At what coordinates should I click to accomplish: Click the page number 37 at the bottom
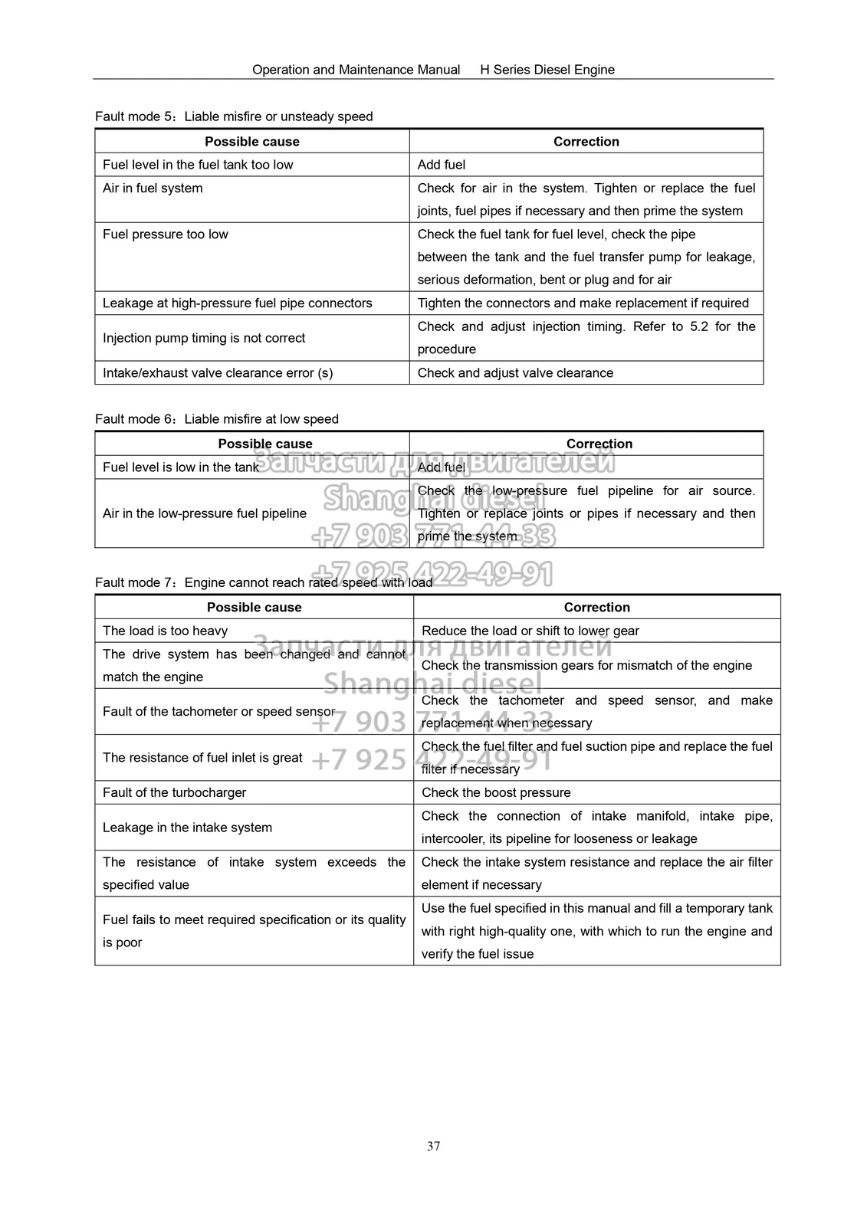(433, 1146)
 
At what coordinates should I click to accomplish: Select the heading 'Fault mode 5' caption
(234, 116)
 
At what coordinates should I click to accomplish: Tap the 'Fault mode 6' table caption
(217, 419)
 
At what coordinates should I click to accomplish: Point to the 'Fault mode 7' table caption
(264, 582)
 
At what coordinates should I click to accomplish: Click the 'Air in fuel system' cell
(153, 188)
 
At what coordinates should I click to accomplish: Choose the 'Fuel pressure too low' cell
(166, 234)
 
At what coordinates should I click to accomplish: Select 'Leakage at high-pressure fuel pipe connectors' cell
(238, 303)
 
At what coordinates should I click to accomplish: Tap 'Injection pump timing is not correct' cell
(204, 338)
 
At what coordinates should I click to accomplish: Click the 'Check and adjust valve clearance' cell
(515, 373)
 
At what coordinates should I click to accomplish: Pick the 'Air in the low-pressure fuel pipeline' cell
(205, 513)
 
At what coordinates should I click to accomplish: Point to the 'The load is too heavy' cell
(165, 631)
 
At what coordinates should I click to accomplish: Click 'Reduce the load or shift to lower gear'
(530, 631)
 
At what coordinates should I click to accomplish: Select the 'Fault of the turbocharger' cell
(174, 792)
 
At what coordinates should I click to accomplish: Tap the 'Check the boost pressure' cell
(496, 792)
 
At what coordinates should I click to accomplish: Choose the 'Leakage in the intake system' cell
(187, 828)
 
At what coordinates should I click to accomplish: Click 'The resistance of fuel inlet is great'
(202, 758)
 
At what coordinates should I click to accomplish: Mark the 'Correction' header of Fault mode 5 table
(586, 142)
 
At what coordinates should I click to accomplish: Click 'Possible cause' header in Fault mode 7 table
(255, 608)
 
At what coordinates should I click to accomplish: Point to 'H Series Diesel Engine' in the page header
(547, 70)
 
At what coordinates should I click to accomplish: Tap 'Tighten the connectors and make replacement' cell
(583, 303)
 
